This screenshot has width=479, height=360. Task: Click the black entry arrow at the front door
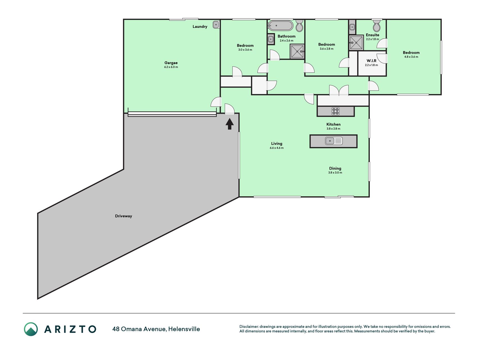click(x=230, y=124)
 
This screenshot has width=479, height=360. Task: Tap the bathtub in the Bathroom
click(x=281, y=26)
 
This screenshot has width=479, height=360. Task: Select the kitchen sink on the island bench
click(x=334, y=141)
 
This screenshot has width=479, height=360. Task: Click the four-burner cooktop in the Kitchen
click(x=336, y=111)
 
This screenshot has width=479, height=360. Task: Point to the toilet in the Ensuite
click(x=377, y=26)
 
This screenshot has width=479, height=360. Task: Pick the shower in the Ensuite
click(x=356, y=43)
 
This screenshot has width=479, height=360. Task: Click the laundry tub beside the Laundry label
click(x=216, y=24)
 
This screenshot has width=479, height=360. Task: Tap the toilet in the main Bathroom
click(x=299, y=26)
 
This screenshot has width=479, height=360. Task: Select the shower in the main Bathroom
click(x=297, y=51)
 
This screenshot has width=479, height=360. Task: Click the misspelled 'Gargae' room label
click(x=171, y=63)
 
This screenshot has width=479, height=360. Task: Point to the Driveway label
click(x=123, y=216)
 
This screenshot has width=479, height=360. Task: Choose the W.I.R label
click(x=372, y=61)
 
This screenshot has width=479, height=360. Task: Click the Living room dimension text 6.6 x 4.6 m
click(x=277, y=148)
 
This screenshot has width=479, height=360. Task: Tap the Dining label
click(x=335, y=168)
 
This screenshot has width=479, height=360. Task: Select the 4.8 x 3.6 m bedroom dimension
click(x=411, y=57)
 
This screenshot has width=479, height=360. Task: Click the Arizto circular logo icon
click(x=31, y=329)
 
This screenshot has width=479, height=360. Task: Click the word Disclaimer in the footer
click(x=249, y=327)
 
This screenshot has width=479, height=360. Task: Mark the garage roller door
click(x=172, y=114)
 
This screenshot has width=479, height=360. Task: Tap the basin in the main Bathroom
click(x=271, y=39)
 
